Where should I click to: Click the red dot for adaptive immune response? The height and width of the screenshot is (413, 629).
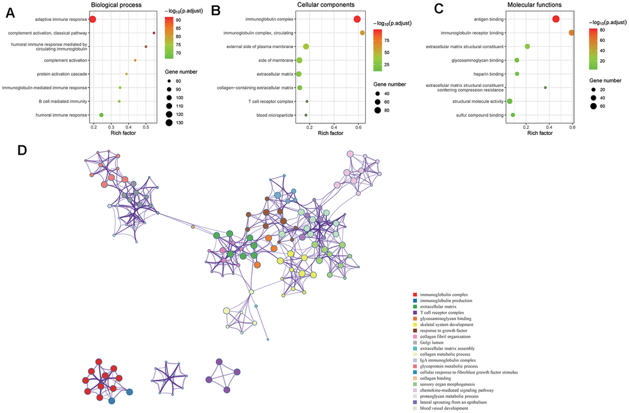pos(92,19)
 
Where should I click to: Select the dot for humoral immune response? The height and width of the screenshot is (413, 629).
pos(101,115)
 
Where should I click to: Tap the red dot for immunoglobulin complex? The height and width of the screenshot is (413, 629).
pos(357,19)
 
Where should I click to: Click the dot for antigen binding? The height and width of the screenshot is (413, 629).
pos(556,19)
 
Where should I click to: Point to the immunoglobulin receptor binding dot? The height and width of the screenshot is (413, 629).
pos(572,33)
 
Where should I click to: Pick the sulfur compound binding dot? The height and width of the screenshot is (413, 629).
pos(513,115)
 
